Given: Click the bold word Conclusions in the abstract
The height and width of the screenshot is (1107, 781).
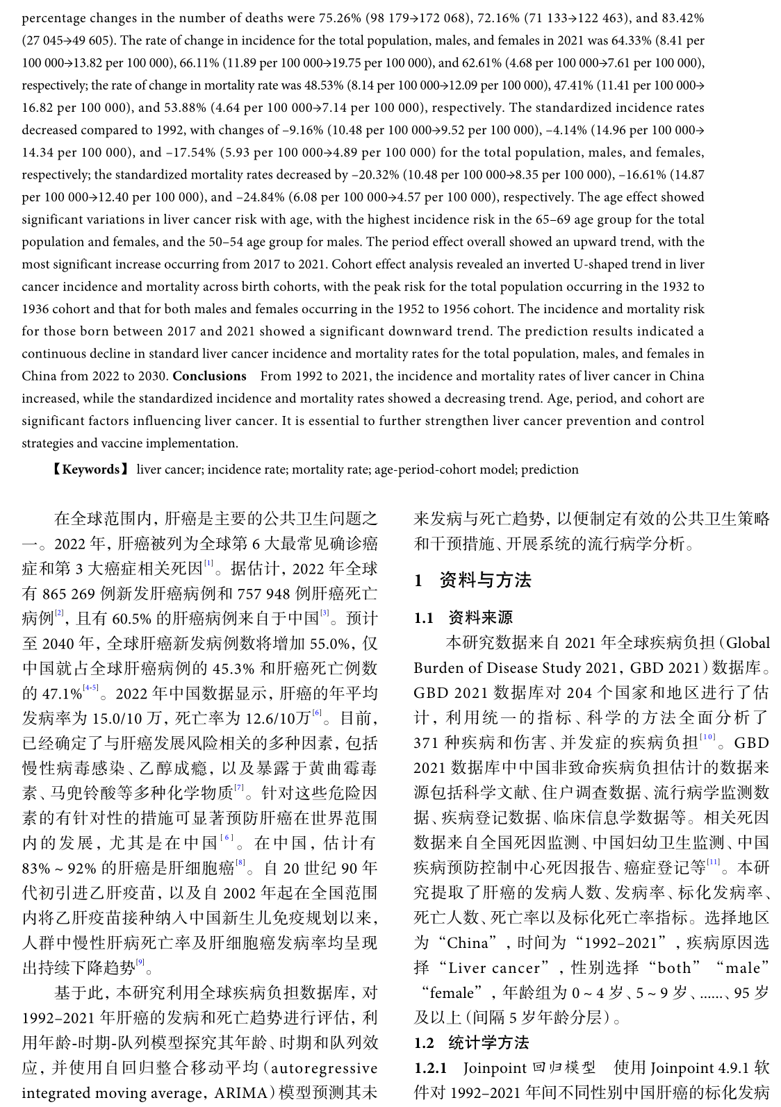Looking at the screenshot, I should pos(209,376).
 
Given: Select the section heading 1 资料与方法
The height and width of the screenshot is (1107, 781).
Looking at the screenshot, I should pos(472,581).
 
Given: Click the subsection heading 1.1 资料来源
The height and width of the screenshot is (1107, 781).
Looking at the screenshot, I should pos(463,617).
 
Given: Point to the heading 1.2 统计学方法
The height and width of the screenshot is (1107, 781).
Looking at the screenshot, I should pos(471,1042).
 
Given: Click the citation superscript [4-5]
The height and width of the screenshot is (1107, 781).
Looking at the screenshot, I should pos(90,688).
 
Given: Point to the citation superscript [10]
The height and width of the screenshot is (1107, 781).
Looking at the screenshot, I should pos(707,738).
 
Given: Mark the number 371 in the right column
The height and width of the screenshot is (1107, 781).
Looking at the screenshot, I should pos(427,743).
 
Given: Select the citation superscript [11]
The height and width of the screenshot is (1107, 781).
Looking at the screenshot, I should pos(713,863).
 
